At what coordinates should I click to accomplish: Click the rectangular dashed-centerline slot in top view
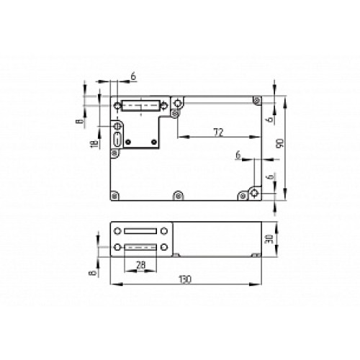(140, 108)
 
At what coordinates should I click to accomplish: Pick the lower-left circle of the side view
(116, 248)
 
